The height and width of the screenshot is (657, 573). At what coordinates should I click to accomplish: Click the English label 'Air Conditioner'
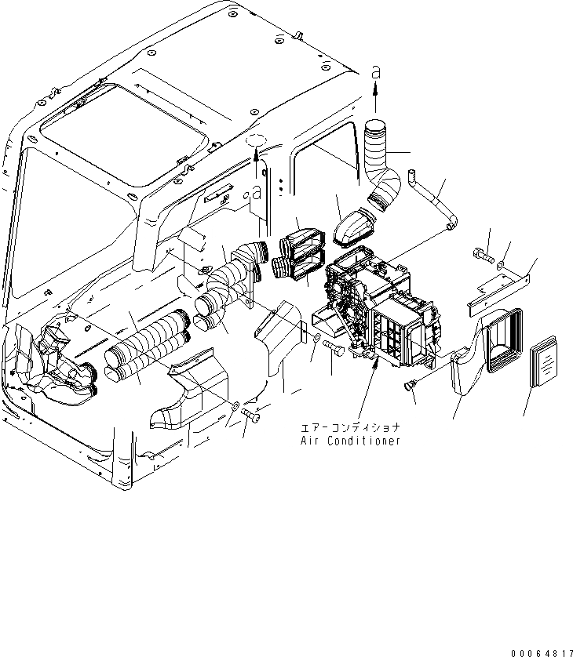[350, 441]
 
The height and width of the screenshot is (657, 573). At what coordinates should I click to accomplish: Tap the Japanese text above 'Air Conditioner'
[350, 428]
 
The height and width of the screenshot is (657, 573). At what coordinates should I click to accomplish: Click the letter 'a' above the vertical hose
[375, 72]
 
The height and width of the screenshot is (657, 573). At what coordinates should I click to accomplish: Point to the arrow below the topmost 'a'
[375, 98]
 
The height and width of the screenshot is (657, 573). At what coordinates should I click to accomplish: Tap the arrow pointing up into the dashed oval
[256, 165]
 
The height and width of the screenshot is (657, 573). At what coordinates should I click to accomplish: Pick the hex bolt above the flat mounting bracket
[481, 255]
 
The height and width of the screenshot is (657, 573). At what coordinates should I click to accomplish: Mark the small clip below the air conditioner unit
[409, 385]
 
